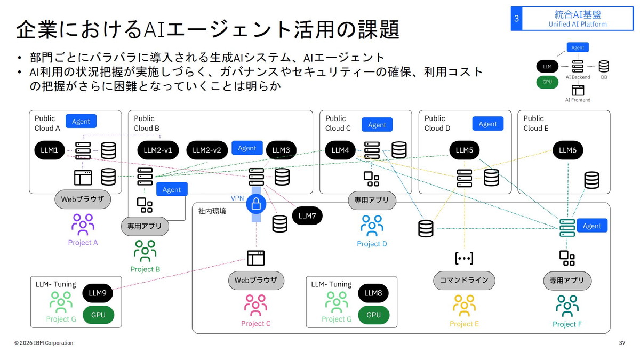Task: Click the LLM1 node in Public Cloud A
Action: pyautogui.click(x=49, y=150)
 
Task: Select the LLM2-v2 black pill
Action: pyautogui.click(x=207, y=150)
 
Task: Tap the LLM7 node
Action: pyautogui.click(x=307, y=215)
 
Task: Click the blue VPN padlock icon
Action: pyautogui.click(x=256, y=204)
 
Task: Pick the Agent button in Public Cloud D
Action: pyautogui.click(x=487, y=124)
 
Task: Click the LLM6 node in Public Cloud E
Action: pyautogui.click(x=567, y=150)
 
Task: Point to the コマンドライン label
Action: pyautogui.click(x=464, y=280)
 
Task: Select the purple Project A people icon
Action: pyautogui.click(x=83, y=225)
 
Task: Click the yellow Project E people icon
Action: pyautogui.click(x=464, y=306)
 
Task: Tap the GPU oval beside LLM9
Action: pyautogui.click(x=98, y=315)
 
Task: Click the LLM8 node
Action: pyautogui.click(x=373, y=293)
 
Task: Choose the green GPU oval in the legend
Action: pyautogui.click(x=547, y=82)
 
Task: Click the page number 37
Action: pyautogui.click(x=622, y=343)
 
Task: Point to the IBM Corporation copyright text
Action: pyautogui.click(x=44, y=343)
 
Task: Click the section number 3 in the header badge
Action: pyautogui.click(x=516, y=19)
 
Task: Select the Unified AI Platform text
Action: pyautogui.click(x=578, y=24)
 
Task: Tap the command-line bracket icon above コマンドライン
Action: pyautogui.click(x=464, y=258)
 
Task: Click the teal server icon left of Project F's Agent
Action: pyautogui.click(x=567, y=227)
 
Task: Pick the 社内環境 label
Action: pyautogui.click(x=212, y=211)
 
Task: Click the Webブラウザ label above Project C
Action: pyautogui.click(x=256, y=280)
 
